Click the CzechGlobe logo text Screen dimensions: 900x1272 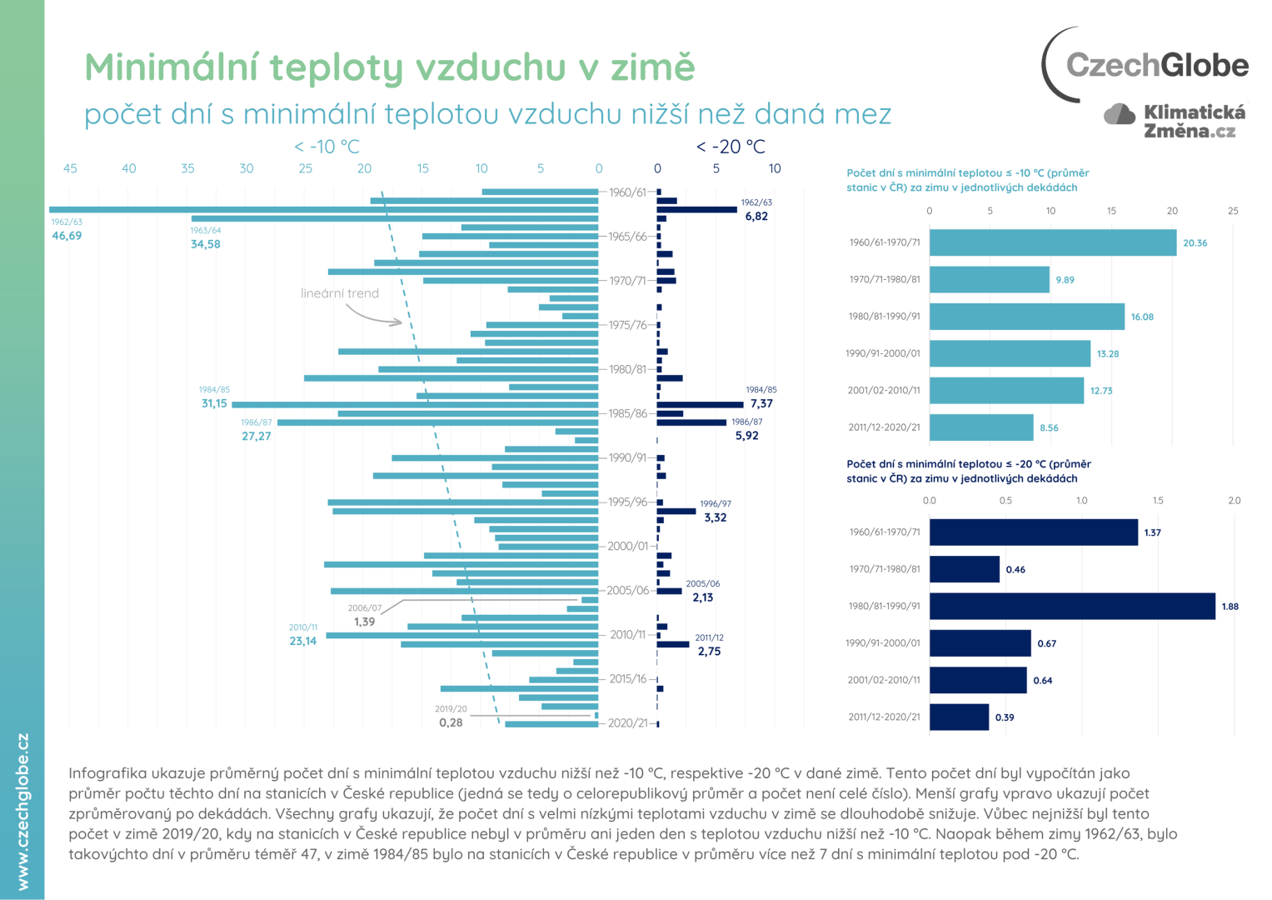point(1156,65)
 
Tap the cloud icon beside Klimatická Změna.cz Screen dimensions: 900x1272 point(1120,114)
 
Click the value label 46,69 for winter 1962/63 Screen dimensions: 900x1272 point(67,236)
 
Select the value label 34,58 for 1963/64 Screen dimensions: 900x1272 point(205,244)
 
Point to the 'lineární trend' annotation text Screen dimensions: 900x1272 point(340,293)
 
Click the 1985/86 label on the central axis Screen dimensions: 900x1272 point(627,413)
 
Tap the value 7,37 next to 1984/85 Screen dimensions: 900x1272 point(761,403)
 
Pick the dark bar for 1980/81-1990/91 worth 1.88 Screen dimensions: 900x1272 point(1071,606)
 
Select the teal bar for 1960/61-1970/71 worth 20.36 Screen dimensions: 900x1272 point(1052,242)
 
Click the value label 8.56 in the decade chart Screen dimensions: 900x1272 point(1049,427)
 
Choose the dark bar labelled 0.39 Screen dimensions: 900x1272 point(959,717)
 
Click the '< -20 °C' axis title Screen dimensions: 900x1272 point(730,147)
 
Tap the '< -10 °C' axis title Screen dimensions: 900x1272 point(327,147)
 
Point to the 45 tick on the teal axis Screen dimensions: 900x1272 point(70,168)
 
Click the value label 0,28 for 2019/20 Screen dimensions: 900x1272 point(451,722)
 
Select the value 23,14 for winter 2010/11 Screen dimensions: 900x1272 point(302,641)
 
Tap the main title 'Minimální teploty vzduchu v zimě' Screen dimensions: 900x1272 point(389,67)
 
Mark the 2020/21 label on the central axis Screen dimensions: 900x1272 point(627,722)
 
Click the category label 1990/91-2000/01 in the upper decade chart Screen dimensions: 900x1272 point(882,353)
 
